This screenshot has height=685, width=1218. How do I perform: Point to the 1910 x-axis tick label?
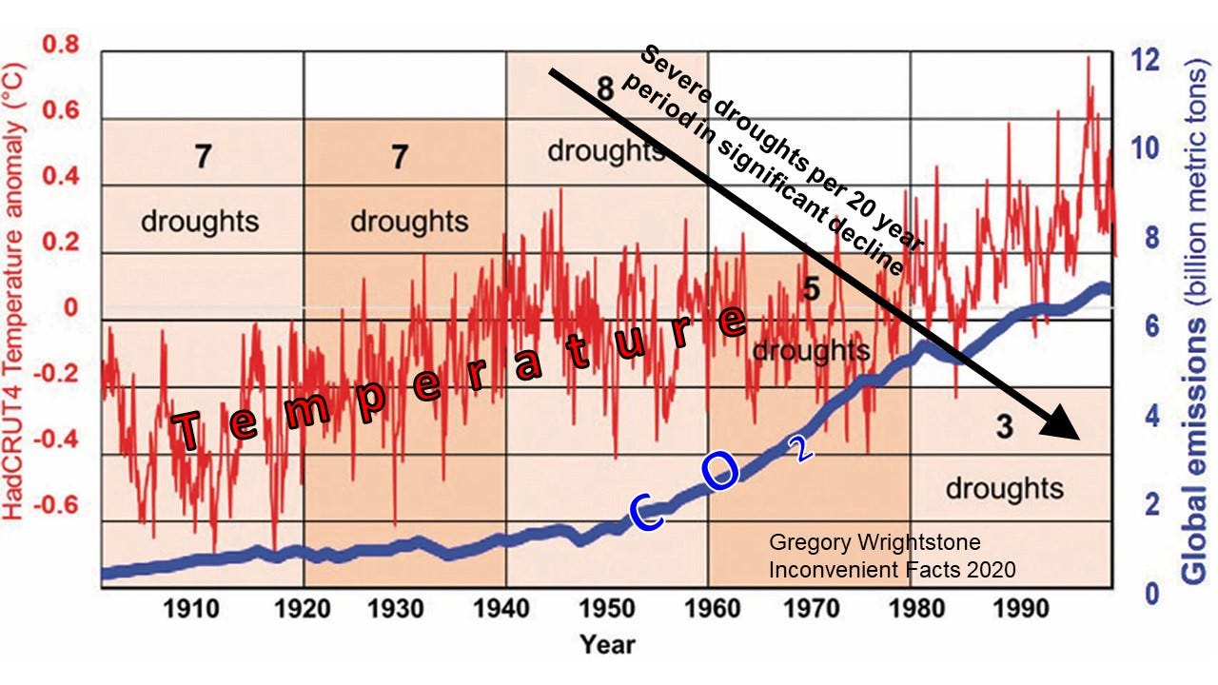click(x=201, y=608)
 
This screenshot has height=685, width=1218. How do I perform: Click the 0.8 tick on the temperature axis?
click(x=60, y=46)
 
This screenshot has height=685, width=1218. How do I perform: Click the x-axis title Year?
click(x=607, y=644)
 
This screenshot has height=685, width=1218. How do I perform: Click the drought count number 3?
click(x=1004, y=428)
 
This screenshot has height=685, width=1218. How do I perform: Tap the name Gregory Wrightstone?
click(x=874, y=543)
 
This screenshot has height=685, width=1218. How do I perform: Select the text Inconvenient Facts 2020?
click(x=892, y=570)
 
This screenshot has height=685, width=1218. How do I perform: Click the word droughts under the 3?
click(x=1004, y=488)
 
